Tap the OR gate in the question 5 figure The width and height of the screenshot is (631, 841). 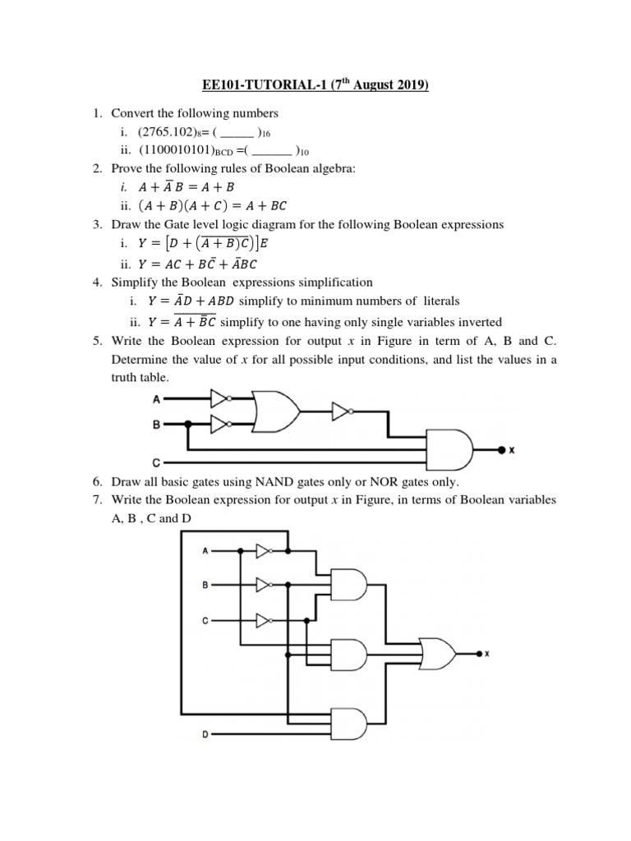pos(276,410)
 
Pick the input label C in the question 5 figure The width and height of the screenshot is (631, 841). pos(155,462)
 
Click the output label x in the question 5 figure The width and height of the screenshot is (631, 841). pos(512,450)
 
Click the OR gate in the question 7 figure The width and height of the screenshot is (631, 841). pos(436,655)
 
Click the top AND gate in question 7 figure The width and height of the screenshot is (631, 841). pos(348,586)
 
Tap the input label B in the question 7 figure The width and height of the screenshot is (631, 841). pos(205,585)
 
